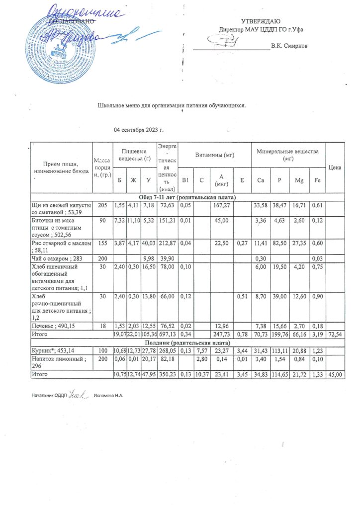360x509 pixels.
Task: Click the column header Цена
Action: (335, 168)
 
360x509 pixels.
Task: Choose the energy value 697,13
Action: (166, 335)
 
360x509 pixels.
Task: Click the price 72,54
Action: (335, 335)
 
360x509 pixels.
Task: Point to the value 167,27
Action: (219, 205)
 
